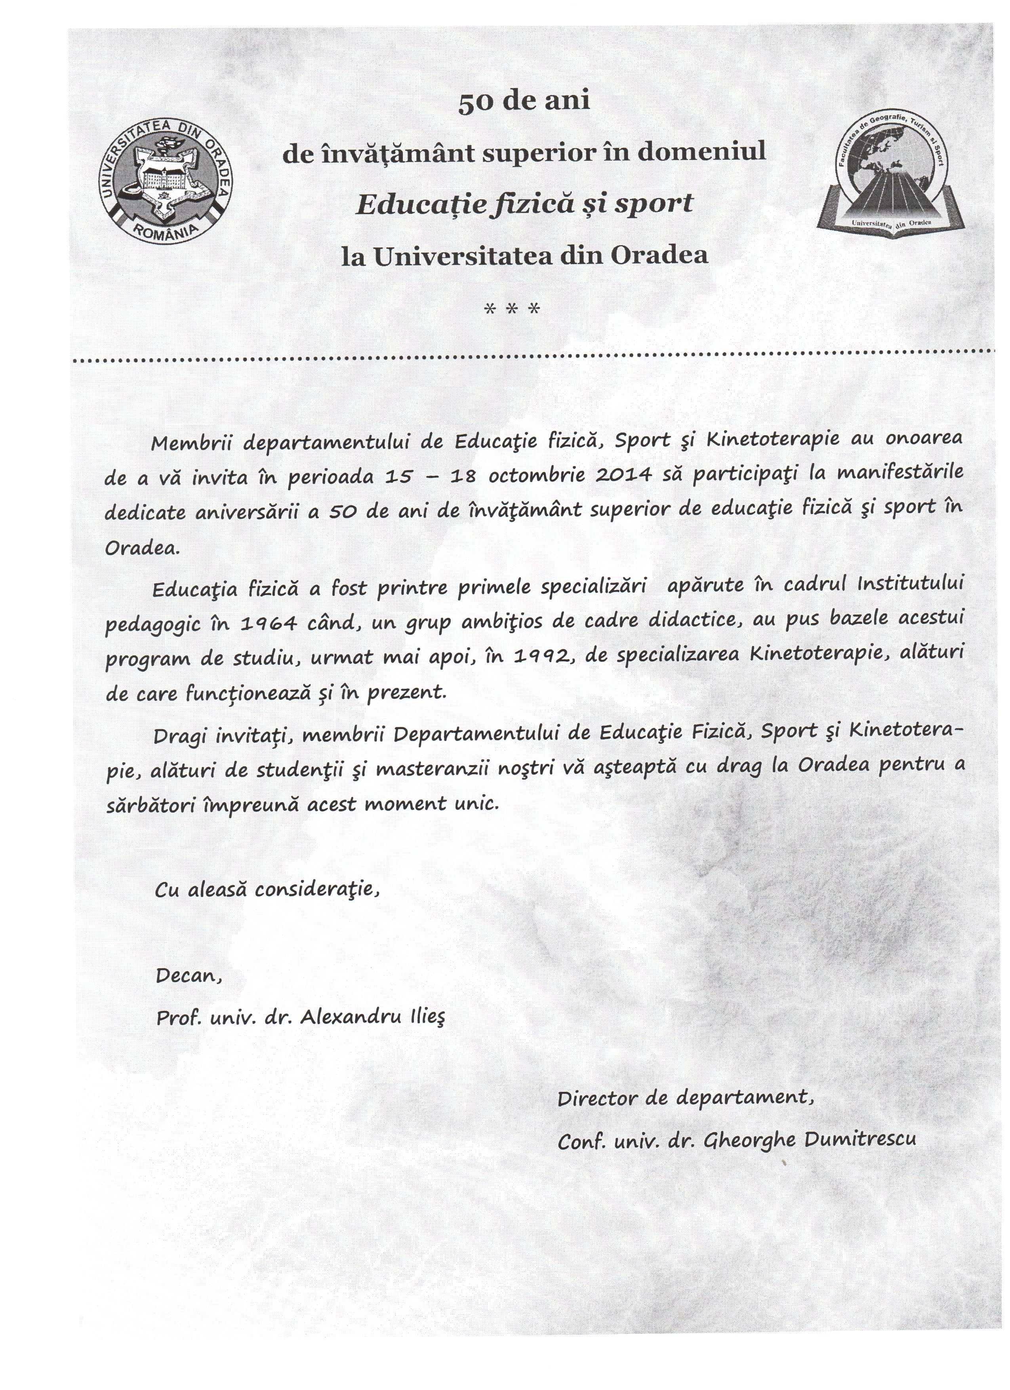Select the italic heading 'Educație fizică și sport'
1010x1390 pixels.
click(x=525, y=204)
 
